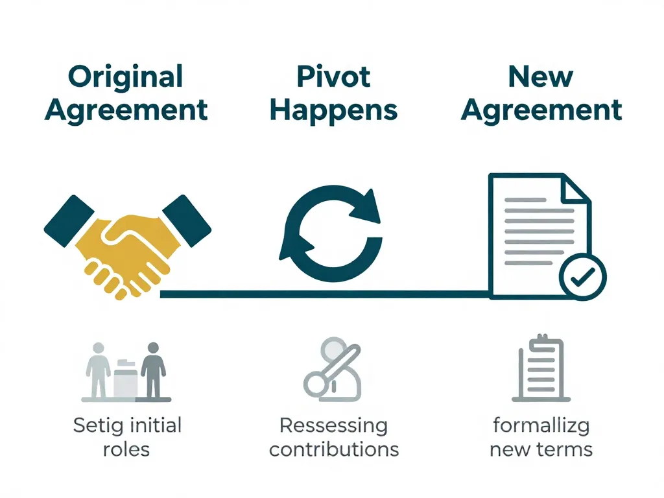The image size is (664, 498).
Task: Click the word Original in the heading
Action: coord(126,77)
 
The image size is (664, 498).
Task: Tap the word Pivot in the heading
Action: coord(333,77)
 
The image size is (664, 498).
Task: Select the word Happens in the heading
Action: coord(333,110)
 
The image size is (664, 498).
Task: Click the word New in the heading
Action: coord(541,77)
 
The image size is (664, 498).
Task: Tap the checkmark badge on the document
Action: coord(582,277)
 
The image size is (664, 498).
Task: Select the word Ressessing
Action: coord(333,427)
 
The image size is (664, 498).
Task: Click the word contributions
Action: coord(333,449)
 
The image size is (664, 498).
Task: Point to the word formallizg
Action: coord(541,427)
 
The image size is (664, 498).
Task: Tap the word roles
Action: coord(126,449)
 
